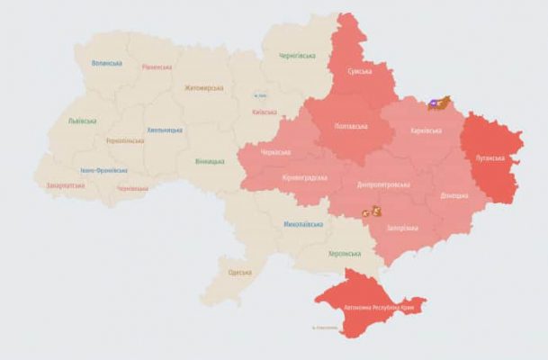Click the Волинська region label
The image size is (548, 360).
108,64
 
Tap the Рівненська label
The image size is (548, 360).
157,67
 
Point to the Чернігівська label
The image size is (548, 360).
297,56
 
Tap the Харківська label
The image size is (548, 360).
426,130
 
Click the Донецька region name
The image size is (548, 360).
454,195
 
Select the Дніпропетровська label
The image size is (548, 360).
383,184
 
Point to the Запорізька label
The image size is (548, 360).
402,228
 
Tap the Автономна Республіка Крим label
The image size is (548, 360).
384,307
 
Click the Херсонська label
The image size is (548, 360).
345,254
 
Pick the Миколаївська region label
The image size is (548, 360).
302,223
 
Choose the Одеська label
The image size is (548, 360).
239,272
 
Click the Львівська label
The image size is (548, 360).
84,121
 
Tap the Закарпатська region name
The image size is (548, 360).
66,185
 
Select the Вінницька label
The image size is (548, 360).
210,161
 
